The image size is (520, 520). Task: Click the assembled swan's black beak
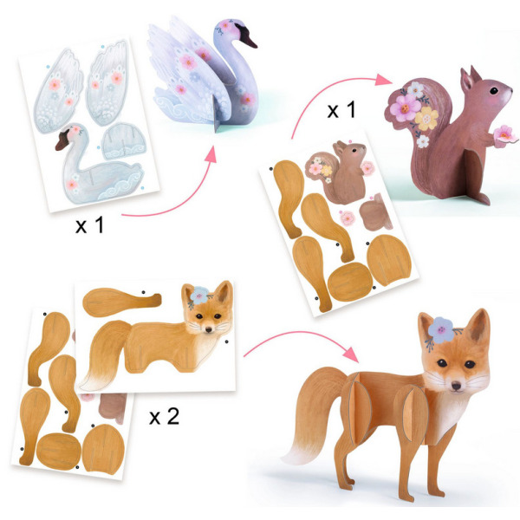click(247, 36)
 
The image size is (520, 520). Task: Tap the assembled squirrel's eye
click(494, 90)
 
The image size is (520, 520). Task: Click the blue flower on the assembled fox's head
click(441, 329)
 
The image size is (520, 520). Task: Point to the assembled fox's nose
click(457, 386)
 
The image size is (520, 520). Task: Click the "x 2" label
click(164, 416)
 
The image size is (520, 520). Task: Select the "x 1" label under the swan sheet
click(89, 224)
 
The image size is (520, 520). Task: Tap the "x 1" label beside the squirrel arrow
click(341, 109)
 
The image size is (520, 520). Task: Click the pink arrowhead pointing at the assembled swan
click(211, 154)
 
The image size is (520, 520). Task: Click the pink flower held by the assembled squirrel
click(504, 134)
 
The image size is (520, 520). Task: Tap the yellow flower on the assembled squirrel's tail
click(426, 119)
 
